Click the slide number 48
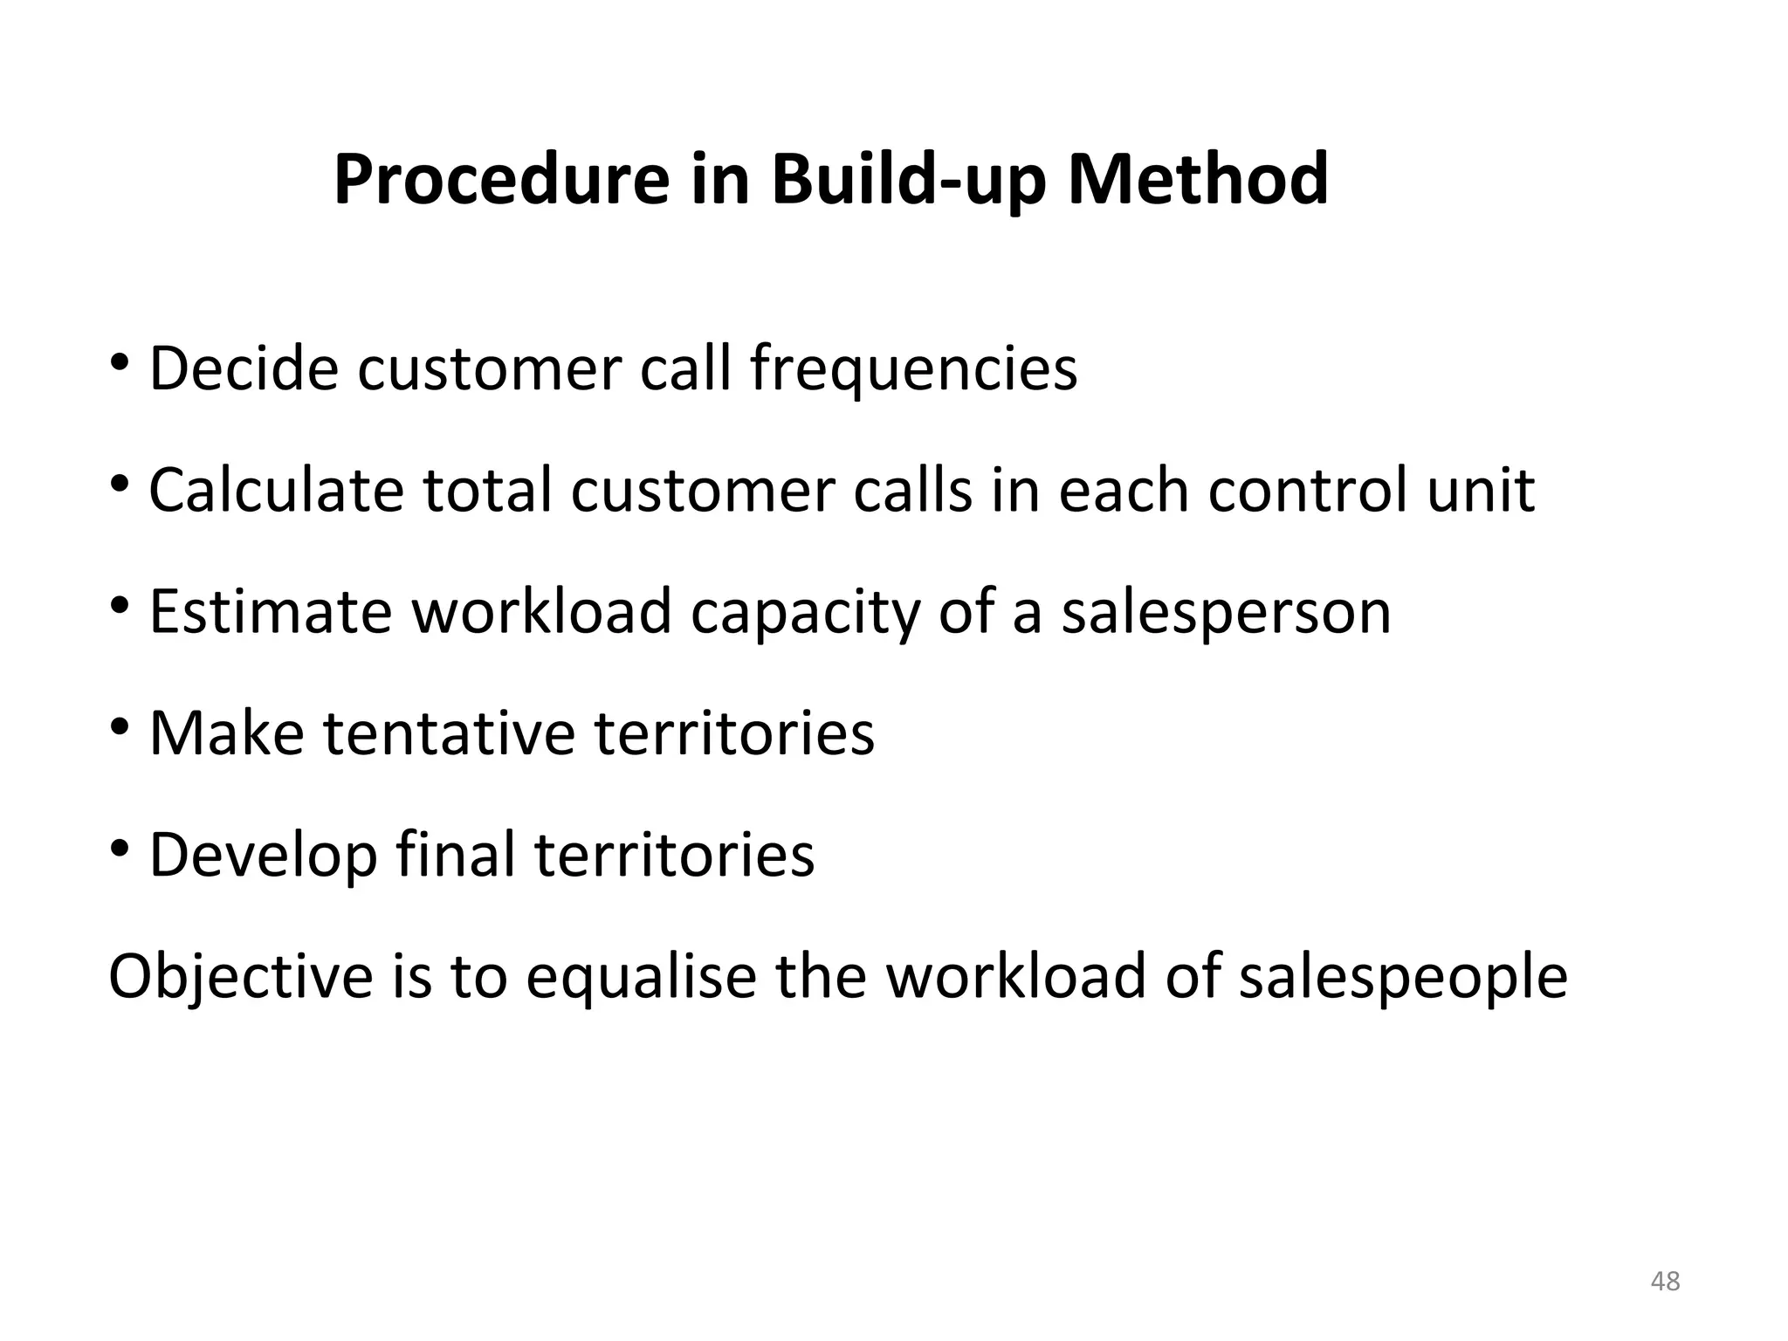[x=1666, y=1281]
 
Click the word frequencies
[x=913, y=370]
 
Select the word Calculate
[x=276, y=490]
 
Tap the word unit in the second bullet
[x=1481, y=490]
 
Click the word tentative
[x=450, y=732]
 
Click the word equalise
[x=641, y=977]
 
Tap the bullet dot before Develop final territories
[x=120, y=848]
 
